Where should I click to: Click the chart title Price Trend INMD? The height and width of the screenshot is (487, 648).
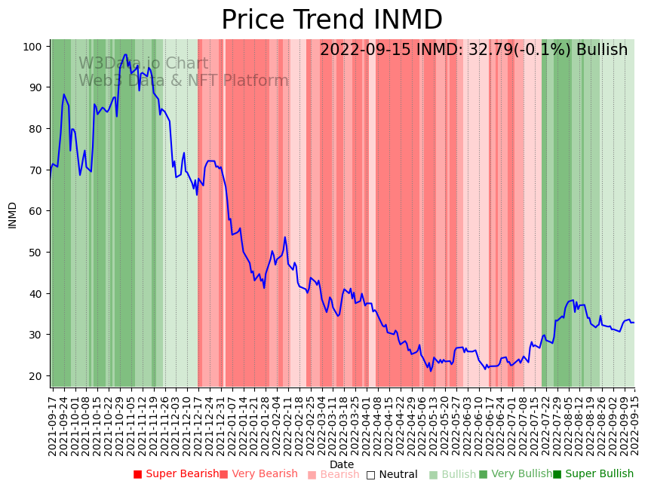(331, 20)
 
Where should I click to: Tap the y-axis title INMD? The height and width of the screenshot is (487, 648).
(12, 215)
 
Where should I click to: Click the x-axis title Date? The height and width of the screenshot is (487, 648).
(342, 464)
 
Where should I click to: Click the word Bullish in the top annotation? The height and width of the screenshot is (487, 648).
(601, 51)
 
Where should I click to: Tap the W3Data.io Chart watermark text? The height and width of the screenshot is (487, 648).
(143, 63)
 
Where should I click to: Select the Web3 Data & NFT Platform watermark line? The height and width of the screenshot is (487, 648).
(183, 81)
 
